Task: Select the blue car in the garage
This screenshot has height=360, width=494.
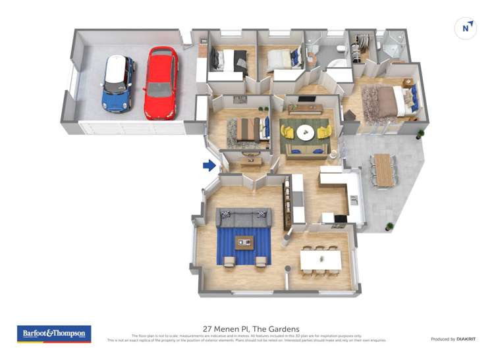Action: (x=119, y=82)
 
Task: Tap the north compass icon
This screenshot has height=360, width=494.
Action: (x=466, y=28)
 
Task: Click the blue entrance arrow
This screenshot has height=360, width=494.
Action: (x=209, y=165)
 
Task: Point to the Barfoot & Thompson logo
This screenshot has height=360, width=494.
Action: (x=54, y=334)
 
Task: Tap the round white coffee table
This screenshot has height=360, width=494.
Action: (x=305, y=133)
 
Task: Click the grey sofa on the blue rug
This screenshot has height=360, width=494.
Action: (x=243, y=217)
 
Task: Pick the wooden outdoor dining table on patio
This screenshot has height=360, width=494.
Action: (x=383, y=169)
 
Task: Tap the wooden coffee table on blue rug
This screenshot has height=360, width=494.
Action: (x=244, y=242)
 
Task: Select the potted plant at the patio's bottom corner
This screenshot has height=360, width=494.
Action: (x=390, y=226)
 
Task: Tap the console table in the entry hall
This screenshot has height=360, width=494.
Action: (x=250, y=161)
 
